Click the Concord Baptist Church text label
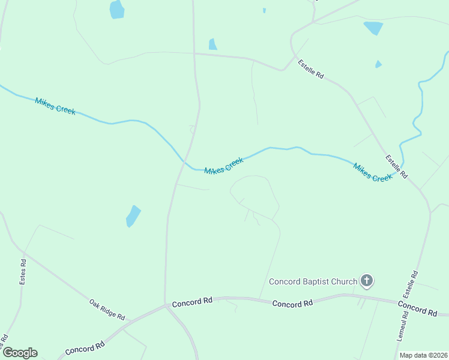point(313,281)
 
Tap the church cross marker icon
point(367,280)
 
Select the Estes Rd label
point(23,271)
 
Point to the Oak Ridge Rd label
point(107,309)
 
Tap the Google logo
point(20,353)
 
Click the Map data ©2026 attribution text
point(423,355)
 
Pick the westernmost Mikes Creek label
point(55,106)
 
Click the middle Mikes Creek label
point(224,166)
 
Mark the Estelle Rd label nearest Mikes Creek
point(397,167)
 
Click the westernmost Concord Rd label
point(85,347)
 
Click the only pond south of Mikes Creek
point(133,216)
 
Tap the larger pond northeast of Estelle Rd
point(373,28)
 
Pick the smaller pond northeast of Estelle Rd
point(378,64)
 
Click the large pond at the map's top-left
point(116,9)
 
